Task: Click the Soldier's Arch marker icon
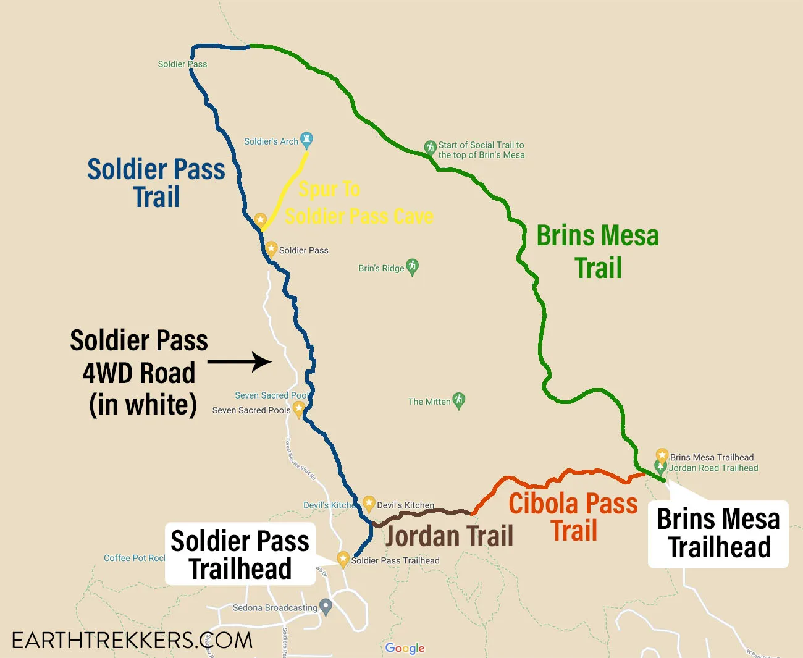[306, 139]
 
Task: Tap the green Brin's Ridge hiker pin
[412, 266]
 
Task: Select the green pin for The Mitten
[458, 400]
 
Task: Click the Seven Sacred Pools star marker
[299, 408]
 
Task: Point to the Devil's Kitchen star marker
[369, 503]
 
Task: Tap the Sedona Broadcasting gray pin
[326, 606]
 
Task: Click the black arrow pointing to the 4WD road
[240, 361]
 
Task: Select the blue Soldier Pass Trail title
[156, 183]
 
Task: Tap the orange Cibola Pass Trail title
[573, 517]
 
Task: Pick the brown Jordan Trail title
[449, 536]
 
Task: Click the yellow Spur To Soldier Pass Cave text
[358, 203]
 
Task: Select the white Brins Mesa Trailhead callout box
[718, 534]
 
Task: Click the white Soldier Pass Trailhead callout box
[240, 554]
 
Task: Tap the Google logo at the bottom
[405, 647]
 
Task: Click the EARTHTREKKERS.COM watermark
[132, 640]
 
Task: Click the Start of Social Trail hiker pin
[430, 147]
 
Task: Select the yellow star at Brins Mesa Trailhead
[662, 456]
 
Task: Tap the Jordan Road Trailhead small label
[713, 468]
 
